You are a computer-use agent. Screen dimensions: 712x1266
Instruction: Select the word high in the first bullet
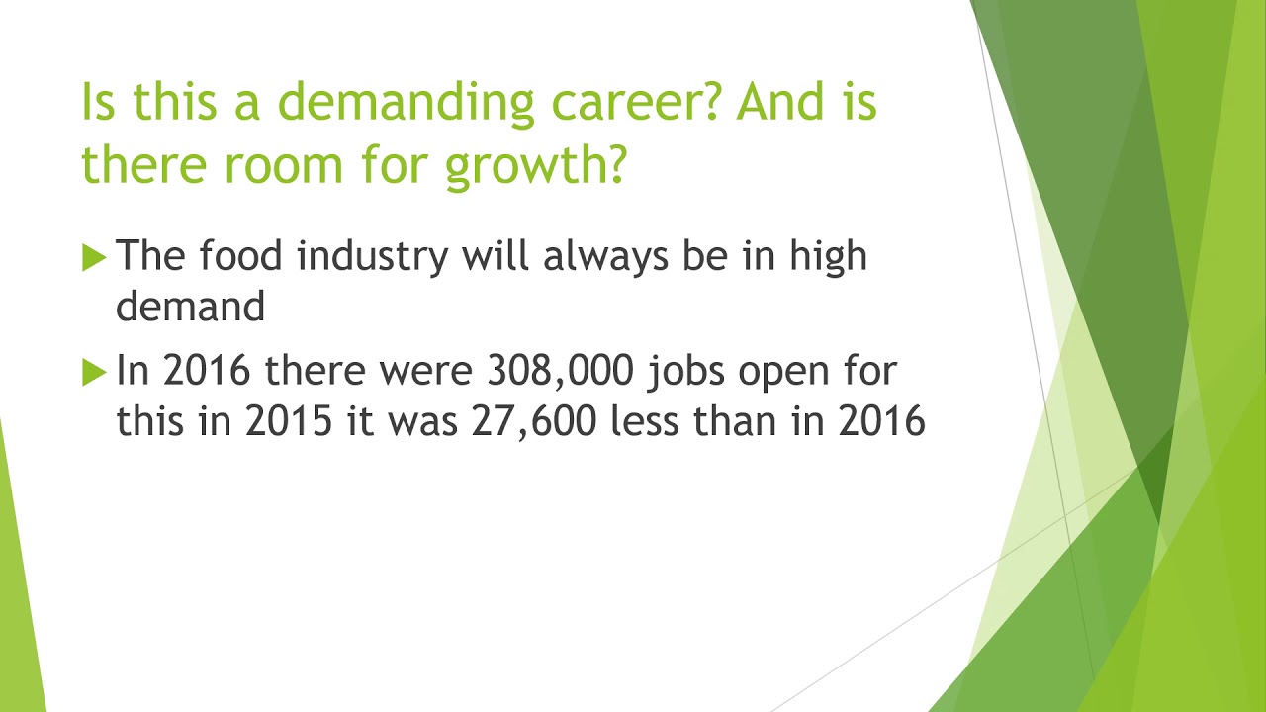click(828, 257)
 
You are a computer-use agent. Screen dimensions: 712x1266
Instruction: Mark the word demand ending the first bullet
click(190, 307)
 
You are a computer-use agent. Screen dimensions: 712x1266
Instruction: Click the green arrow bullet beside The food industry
click(94, 258)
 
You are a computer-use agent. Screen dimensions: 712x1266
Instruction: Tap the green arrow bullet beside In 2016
click(94, 373)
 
